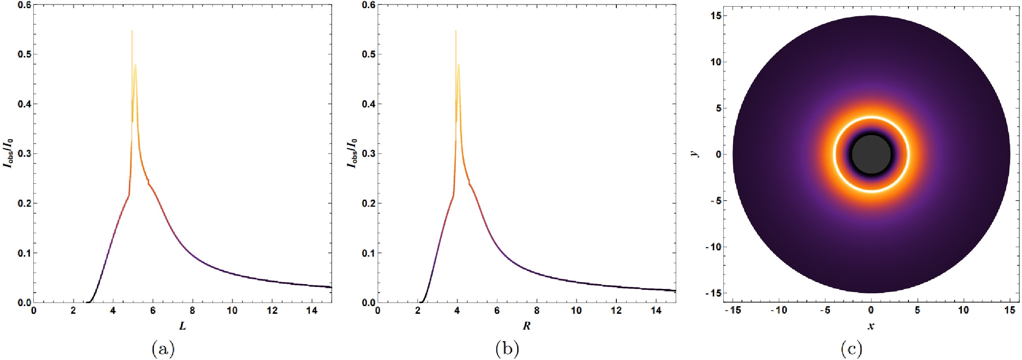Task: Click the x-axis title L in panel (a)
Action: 182,326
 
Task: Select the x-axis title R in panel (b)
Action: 526,326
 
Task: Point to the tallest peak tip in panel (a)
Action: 132,31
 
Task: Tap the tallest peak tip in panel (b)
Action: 456,31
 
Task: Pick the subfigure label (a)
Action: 163,349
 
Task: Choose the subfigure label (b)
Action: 507,349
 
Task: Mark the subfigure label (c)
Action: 851,349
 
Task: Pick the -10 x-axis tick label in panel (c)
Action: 778,310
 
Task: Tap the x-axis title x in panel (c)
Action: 871,326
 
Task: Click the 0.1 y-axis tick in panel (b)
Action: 368,253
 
